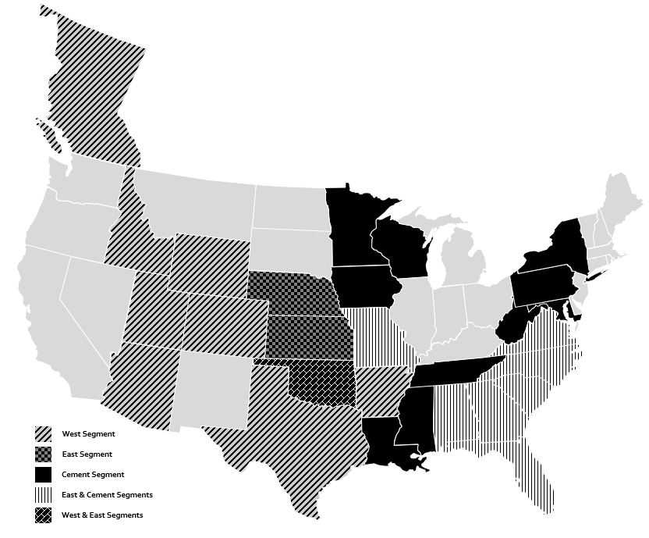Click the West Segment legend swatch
(x=43, y=434)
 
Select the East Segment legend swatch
(x=43, y=454)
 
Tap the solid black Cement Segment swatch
(x=43, y=475)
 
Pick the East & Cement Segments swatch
(x=43, y=495)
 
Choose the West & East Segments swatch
(x=43, y=515)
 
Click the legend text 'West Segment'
(x=88, y=434)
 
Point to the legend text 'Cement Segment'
(x=93, y=475)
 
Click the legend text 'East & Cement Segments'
(x=107, y=495)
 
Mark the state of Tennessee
(x=456, y=371)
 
